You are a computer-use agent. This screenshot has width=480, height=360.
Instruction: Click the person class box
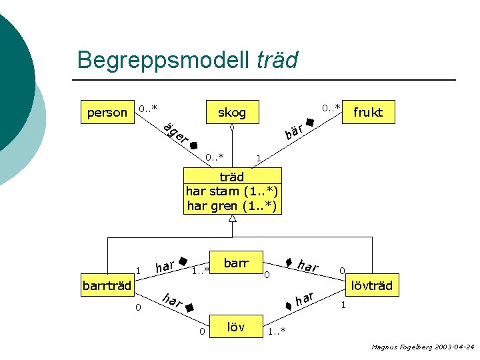(x=107, y=112)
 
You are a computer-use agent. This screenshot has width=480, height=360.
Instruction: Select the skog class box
(x=232, y=112)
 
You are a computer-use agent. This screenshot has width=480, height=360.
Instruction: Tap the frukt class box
(x=368, y=112)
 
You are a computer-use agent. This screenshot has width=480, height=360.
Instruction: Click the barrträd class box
(x=107, y=287)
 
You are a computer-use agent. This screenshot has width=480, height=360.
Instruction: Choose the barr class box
(x=235, y=263)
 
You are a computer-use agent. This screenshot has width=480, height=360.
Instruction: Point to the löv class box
(x=235, y=327)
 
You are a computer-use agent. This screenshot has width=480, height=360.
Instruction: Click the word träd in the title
(x=277, y=60)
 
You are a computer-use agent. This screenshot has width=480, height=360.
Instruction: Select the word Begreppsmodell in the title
(x=163, y=60)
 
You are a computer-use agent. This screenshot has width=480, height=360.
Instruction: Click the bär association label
(x=295, y=131)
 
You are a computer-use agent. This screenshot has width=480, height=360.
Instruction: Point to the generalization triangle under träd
(x=233, y=219)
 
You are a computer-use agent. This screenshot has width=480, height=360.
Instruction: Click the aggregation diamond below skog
(x=232, y=127)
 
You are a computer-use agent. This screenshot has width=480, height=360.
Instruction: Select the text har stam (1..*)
(x=232, y=191)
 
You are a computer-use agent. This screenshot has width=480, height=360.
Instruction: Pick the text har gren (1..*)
(x=232, y=206)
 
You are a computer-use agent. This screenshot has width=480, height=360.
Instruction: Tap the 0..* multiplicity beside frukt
(x=331, y=107)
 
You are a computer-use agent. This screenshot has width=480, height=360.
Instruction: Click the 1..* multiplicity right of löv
(x=276, y=331)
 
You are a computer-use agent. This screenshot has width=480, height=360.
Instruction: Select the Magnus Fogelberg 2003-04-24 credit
(x=423, y=347)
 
